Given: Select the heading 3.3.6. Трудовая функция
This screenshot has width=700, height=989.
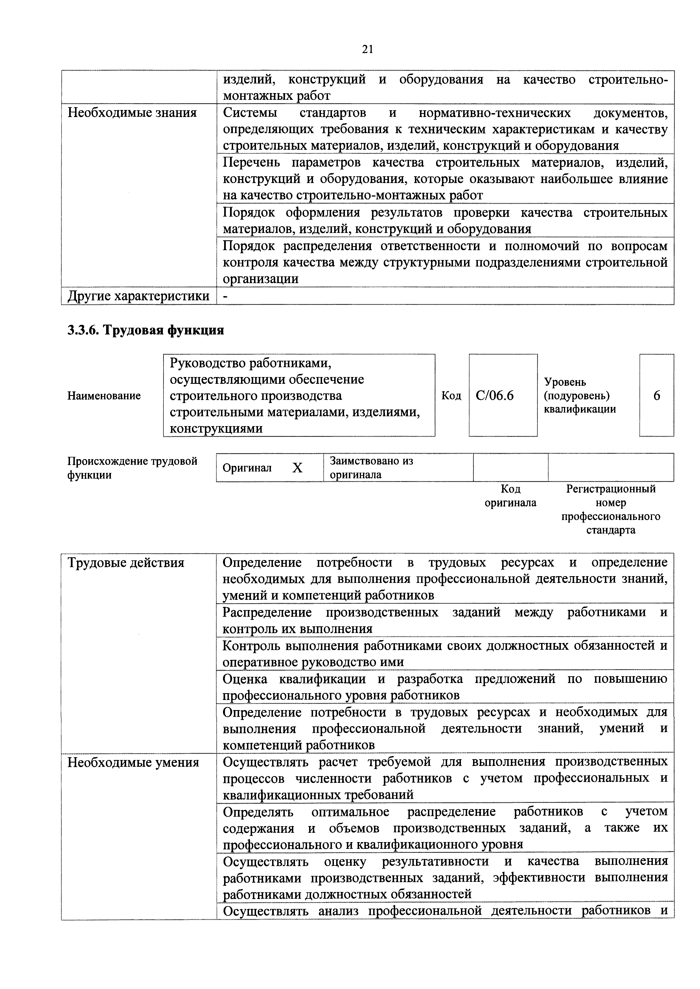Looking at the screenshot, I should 146,331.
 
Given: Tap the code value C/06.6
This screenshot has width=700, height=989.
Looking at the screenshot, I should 495,395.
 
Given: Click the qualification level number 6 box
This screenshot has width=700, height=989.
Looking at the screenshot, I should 657,395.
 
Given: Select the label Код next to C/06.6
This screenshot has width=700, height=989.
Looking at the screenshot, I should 451,395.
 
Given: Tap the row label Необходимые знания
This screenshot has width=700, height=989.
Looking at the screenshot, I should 132,113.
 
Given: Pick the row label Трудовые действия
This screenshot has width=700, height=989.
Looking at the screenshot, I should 126,563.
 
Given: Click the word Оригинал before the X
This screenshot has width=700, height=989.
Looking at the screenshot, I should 247,468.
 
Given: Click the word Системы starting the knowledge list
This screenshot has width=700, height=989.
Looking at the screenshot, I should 250,113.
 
